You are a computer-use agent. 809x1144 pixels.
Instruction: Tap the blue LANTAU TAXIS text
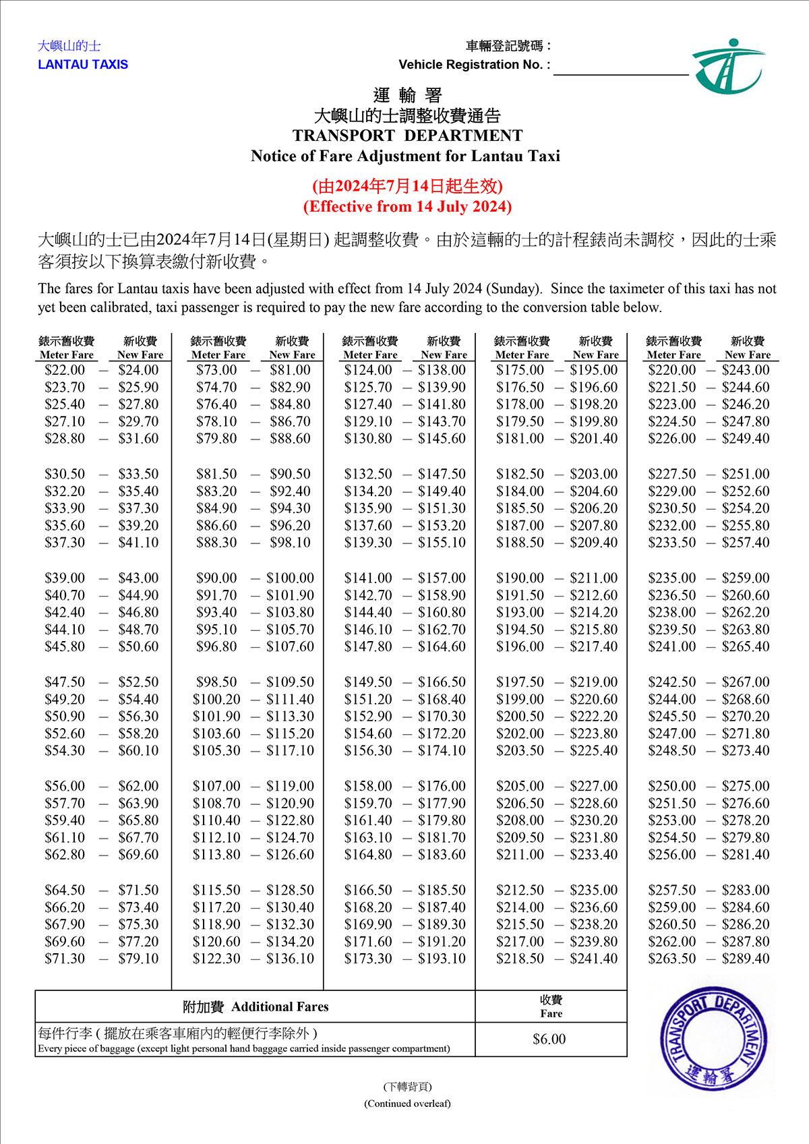tap(83, 65)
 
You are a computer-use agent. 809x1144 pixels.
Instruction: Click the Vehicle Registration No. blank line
tap(620, 71)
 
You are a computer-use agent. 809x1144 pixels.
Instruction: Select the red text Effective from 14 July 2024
tap(407, 206)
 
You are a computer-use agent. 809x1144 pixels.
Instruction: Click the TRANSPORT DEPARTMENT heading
tap(407, 136)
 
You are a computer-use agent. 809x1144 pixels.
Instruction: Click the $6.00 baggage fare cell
tap(549, 1039)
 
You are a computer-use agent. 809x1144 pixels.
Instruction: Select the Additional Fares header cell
tap(256, 1006)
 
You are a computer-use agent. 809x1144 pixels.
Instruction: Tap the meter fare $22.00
tap(65, 370)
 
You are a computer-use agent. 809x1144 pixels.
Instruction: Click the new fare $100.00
tap(290, 578)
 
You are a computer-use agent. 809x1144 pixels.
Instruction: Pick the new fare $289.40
tap(745, 958)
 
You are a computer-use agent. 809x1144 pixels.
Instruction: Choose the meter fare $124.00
tap(368, 370)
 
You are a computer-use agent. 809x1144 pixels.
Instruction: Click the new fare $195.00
tap(593, 370)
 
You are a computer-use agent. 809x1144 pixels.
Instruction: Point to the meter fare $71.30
tap(65, 958)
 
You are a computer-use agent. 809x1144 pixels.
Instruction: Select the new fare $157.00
tap(442, 578)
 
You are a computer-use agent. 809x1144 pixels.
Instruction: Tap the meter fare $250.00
tap(671, 786)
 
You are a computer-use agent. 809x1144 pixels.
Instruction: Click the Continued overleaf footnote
tap(407, 1104)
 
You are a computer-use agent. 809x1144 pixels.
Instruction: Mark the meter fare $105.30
tap(216, 750)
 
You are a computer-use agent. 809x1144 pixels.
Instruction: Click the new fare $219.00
tap(593, 682)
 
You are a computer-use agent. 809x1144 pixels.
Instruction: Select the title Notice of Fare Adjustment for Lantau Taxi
tap(405, 156)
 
